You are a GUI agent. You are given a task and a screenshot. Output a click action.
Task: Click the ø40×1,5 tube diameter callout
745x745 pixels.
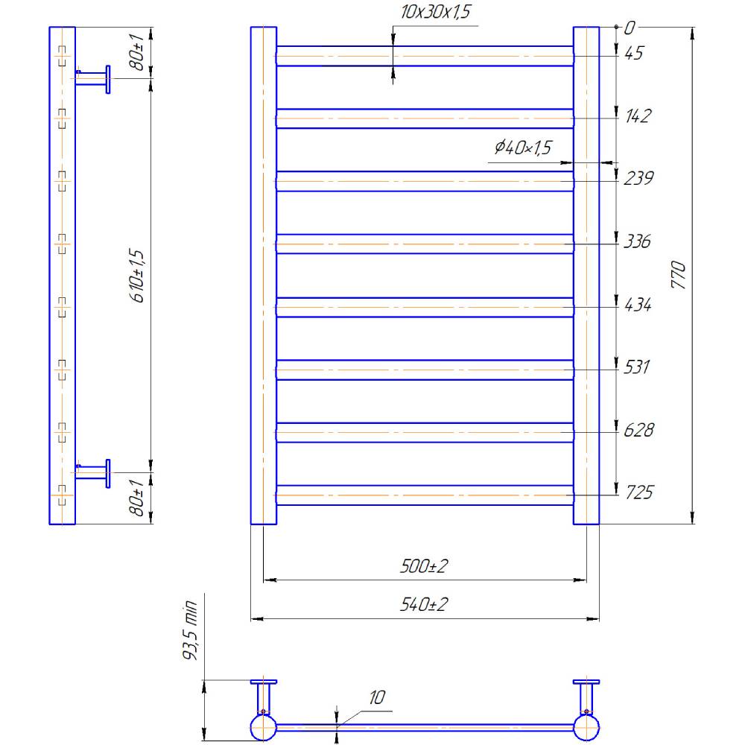pos(522,148)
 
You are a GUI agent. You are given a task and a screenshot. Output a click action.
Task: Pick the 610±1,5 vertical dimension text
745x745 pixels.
pos(138,275)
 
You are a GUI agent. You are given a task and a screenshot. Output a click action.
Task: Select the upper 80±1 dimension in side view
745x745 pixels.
pos(138,53)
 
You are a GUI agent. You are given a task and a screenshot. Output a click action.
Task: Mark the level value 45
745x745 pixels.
pos(634,53)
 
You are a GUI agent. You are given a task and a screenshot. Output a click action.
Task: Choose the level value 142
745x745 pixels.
pos(638,116)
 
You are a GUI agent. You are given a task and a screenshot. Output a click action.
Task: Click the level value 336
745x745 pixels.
pos(638,241)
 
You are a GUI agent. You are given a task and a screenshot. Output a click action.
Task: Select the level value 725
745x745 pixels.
pos(638,492)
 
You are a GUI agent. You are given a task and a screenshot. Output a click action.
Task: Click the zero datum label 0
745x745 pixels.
pos(630,28)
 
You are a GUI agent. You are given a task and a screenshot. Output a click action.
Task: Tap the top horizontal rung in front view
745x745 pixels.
pos(425,56)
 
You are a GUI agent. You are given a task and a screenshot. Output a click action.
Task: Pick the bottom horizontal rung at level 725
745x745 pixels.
pos(425,495)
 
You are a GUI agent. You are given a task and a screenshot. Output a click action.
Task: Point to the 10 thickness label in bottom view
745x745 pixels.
pos(376,697)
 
